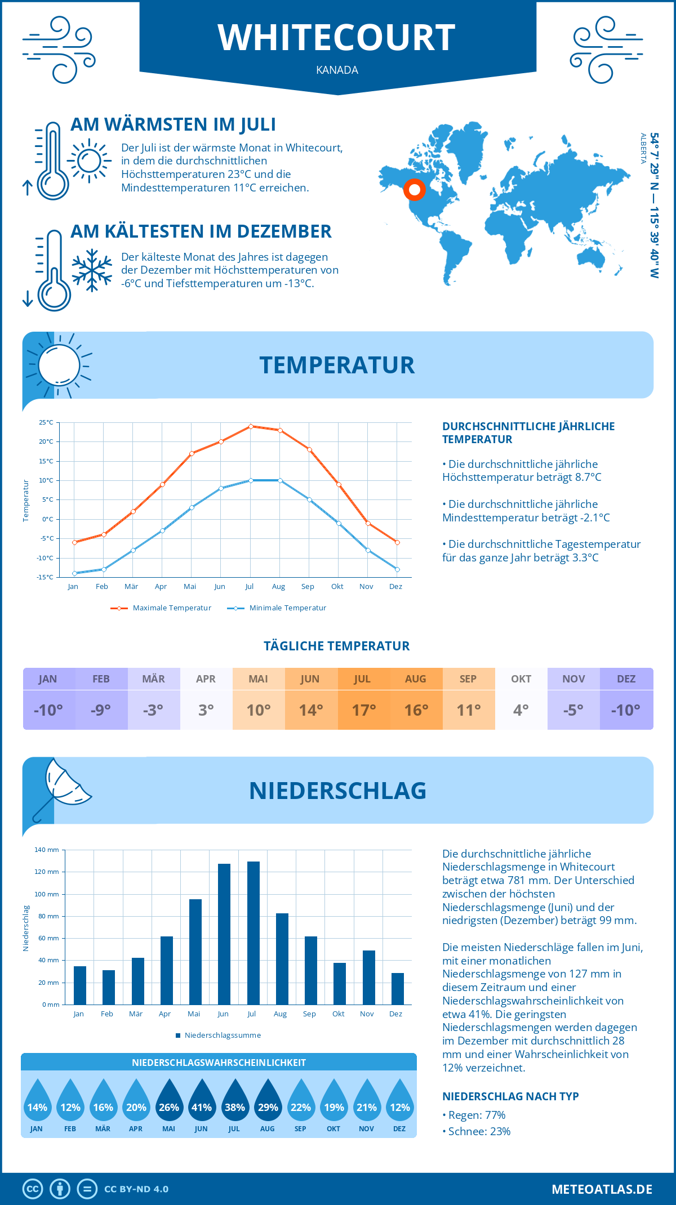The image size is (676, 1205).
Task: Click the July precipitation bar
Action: click(x=253, y=933)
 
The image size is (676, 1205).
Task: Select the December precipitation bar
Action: click(x=398, y=989)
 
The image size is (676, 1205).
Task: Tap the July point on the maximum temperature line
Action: click(x=251, y=426)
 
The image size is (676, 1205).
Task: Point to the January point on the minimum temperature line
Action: click(x=74, y=573)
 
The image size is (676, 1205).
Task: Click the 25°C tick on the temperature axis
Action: click(x=46, y=422)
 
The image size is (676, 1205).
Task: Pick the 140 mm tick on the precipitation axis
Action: click(x=47, y=850)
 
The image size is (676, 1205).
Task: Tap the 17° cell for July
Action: click(x=364, y=710)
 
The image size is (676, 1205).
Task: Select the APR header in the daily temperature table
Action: click(x=206, y=679)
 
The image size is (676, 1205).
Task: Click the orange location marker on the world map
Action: click(x=414, y=190)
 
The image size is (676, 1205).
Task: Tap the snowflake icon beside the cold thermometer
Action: click(x=92, y=270)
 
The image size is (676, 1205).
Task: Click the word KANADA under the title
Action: click(x=337, y=70)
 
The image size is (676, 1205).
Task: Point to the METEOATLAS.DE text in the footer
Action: click(x=602, y=1189)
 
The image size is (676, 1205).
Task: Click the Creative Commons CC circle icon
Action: click(x=33, y=1189)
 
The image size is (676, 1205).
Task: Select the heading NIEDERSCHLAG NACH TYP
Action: click(x=510, y=1096)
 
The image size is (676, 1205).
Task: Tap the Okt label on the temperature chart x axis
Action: click(x=337, y=587)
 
